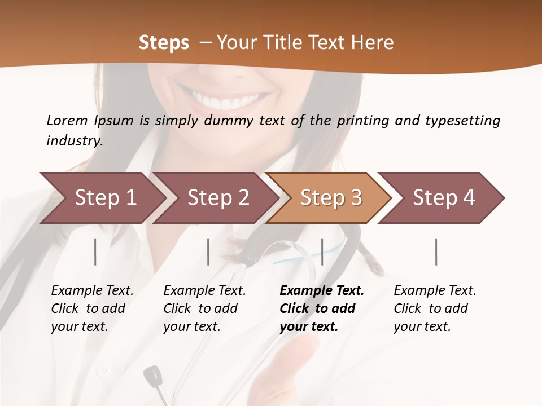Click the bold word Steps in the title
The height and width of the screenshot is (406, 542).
click(x=164, y=43)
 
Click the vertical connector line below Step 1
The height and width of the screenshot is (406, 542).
click(x=95, y=251)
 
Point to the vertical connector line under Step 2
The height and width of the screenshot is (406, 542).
click(x=208, y=251)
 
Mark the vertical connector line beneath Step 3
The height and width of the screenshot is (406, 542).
click(x=322, y=251)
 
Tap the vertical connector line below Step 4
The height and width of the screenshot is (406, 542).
click(x=436, y=251)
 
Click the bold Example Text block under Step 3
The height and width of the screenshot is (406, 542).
click(x=322, y=308)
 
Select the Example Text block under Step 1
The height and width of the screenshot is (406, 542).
click(x=92, y=308)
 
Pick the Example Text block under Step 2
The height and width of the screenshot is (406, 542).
click(x=204, y=308)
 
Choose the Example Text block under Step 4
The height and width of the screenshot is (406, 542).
click(x=435, y=308)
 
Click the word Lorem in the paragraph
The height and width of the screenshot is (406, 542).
click(x=67, y=121)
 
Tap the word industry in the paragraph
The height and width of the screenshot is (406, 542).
click(x=74, y=141)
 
